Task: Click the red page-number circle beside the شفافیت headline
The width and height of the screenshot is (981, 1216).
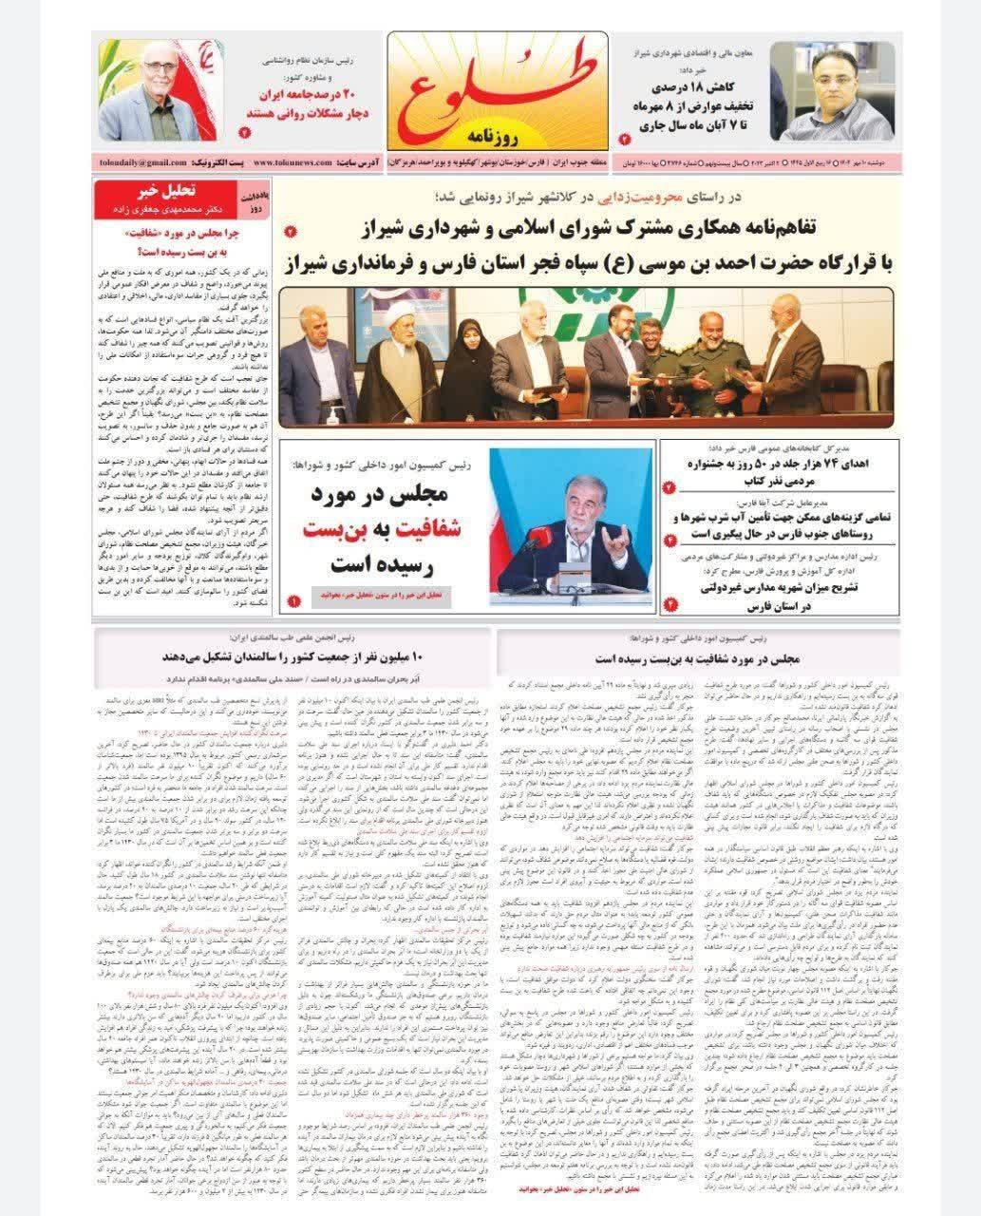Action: (293, 601)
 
